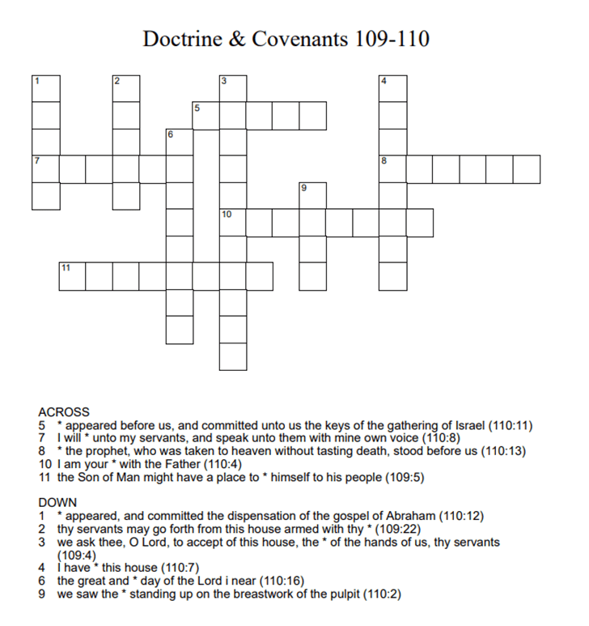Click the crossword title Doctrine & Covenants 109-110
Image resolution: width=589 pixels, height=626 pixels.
click(x=286, y=39)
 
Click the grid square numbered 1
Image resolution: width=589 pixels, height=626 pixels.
click(x=46, y=89)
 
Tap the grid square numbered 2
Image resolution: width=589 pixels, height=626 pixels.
click(x=126, y=89)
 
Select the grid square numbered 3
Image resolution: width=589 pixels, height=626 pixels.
click(x=233, y=89)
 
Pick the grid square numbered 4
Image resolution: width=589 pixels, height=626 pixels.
click(x=393, y=89)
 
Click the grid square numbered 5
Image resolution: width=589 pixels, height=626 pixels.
click(x=206, y=116)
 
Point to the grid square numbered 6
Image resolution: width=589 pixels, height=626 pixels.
click(x=180, y=143)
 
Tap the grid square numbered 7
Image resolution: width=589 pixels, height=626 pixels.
click(x=46, y=169)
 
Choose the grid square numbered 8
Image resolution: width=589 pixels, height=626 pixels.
click(x=393, y=169)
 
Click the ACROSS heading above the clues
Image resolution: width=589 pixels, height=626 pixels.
click(x=64, y=412)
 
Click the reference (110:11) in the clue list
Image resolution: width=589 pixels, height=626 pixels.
click(x=507, y=425)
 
